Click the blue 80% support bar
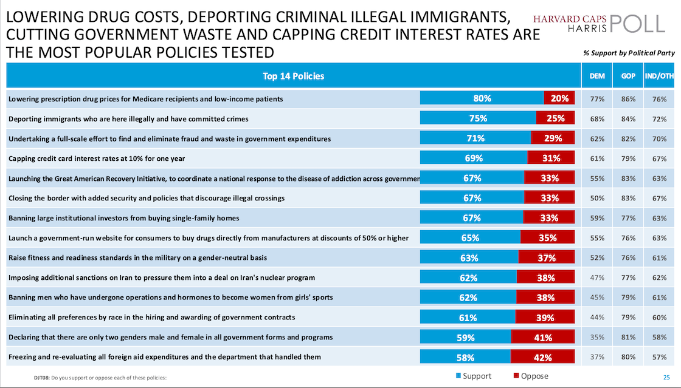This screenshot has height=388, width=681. (x=482, y=98)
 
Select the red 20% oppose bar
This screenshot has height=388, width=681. (x=559, y=98)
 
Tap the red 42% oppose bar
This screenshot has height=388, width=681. (x=542, y=356)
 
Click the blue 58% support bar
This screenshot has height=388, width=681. (x=465, y=356)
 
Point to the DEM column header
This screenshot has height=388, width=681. (x=597, y=76)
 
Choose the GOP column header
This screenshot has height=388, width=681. (x=629, y=76)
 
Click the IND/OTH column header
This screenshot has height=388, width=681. (x=660, y=76)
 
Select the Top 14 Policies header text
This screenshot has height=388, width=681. (x=293, y=76)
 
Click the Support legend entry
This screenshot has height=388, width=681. (x=475, y=376)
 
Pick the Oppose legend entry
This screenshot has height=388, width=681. (x=531, y=376)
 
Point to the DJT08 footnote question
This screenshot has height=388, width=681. (x=100, y=378)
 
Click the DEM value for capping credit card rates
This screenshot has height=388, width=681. (x=597, y=158)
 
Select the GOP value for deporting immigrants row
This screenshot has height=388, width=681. (x=629, y=118)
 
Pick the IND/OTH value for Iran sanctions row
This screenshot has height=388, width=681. (x=660, y=277)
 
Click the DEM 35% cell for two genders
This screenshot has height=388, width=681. (x=597, y=337)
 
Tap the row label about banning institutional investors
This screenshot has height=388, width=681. (x=123, y=218)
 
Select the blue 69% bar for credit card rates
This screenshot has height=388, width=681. (x=474, y=158)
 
